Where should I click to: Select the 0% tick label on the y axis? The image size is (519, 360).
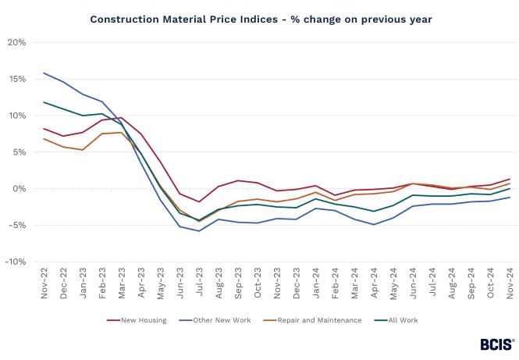click(x=19, y=189)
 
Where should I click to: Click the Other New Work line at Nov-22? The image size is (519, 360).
click(x=44, y=73)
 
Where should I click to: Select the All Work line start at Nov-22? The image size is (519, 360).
click(x=44, y=102)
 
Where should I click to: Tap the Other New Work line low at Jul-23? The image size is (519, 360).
click(x=199, y=230)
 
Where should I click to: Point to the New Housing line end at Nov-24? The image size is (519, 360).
click(x=510, y=179)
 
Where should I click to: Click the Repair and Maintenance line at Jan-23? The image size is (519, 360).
click(x=83, y=150)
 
